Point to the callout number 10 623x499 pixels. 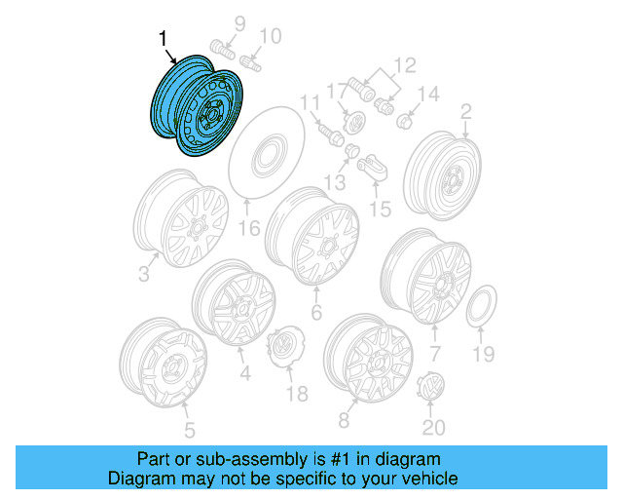270,37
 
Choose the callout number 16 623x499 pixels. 249,229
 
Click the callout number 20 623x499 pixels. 432,428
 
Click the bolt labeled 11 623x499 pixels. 324,130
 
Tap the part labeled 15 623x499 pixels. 372,167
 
